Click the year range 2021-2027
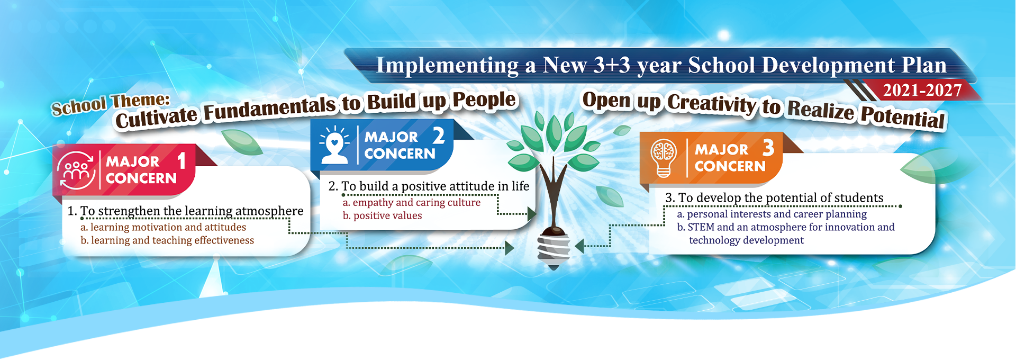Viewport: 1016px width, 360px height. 922,91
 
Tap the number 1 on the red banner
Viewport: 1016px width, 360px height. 182,161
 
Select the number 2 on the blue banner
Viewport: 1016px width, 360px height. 439,136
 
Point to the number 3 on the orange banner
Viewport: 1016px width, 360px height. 768,148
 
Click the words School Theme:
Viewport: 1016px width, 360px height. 111,104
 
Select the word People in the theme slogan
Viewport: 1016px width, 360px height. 484,100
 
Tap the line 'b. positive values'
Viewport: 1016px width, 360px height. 382,215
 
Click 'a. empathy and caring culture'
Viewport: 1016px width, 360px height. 412,202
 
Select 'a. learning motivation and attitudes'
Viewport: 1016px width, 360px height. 163,227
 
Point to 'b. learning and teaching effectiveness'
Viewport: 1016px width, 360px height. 167,240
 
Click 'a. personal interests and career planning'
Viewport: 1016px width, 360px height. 772,214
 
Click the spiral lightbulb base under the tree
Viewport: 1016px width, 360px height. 554,250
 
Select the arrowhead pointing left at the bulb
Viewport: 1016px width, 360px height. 579,246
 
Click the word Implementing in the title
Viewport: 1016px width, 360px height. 447,66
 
